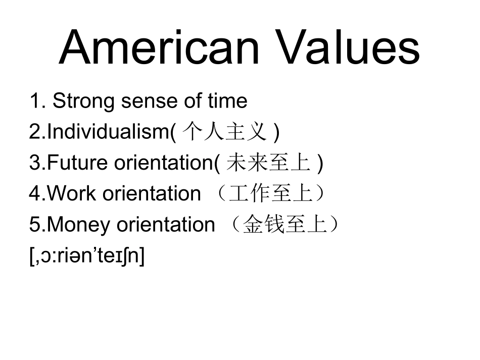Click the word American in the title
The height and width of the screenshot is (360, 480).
click(x=159, y=47)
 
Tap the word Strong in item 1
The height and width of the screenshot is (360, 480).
click(x=83, y=101)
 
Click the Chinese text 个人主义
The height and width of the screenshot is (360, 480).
click(x=224, y=132)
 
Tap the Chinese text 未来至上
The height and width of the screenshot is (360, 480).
click(x=268, y=163)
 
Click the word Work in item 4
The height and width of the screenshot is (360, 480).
click(x=73, y=194)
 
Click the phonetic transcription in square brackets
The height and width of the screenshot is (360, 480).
click(x=87, y=256)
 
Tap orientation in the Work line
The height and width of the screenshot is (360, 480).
click(x=152, y=194)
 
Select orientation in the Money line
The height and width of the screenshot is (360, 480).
click(x=166, y=225)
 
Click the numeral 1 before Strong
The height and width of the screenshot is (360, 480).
click(x=34, y=101)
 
